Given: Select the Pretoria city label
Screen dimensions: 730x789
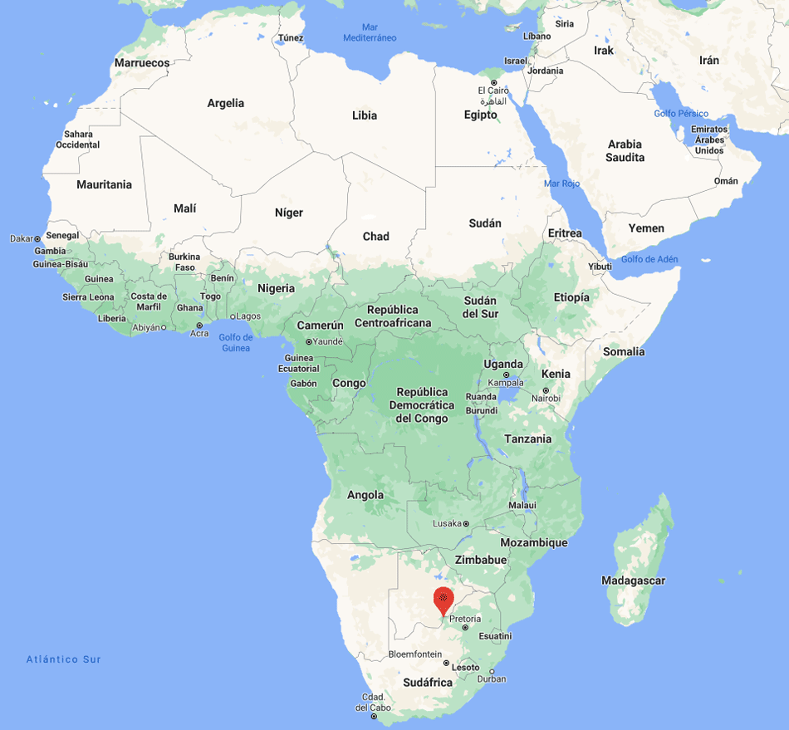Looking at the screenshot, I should click(465, 619).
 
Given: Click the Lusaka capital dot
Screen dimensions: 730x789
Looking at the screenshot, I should click(466, 524).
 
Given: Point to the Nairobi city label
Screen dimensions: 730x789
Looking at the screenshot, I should click(546, 399).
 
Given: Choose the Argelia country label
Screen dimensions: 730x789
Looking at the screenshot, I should click(226, 104).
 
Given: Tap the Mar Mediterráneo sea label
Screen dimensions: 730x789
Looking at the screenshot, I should click(370, 32).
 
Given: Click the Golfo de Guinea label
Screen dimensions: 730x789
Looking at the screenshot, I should click(236, 342).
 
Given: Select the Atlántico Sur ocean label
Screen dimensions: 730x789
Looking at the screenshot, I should click(63, 659).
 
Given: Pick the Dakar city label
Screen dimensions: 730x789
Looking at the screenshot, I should click(21, 238).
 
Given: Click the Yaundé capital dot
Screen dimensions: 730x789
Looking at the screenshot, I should click(308, 341).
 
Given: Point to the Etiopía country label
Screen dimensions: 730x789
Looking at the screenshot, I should click(571, 297).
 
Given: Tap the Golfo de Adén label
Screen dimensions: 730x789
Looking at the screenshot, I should click(649, 259).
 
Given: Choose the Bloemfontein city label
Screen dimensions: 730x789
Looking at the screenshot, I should click(415, 654).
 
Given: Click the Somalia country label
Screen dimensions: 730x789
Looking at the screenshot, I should click(624, 352).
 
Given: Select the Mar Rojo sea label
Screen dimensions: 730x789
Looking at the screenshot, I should click(561, 184).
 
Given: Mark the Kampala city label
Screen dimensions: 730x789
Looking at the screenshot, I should click(506, 383).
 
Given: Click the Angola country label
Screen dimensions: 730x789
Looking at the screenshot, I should click(365, 495).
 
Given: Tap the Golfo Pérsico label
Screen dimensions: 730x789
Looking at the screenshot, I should click(681, 114).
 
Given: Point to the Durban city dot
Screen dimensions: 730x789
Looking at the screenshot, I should click(492, 672).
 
